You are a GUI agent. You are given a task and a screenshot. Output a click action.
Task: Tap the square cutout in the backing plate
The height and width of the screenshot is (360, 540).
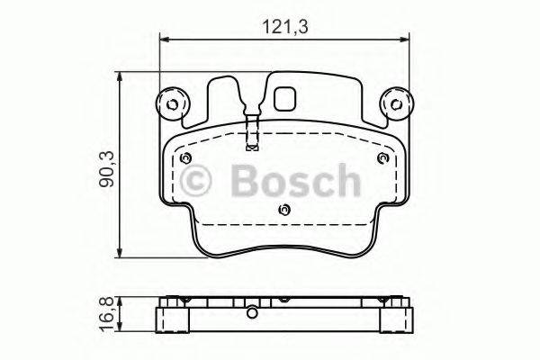click(x=287, y=97)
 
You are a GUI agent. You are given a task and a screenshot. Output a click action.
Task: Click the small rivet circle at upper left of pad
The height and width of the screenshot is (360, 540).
click(x=185, y=158)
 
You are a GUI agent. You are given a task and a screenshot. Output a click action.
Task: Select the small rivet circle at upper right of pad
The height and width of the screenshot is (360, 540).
click(x=382, y=158)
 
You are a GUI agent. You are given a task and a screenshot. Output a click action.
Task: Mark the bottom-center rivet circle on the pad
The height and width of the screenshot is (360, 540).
click(x=284, y=211)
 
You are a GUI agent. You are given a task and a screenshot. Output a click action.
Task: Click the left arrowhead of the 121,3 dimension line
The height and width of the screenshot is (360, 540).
click(x=163, y=38)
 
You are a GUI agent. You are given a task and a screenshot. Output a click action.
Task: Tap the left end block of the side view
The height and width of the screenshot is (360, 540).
click(x=166, y=319)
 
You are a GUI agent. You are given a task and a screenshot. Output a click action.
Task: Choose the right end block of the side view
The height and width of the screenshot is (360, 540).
click(x=401, y=319)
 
